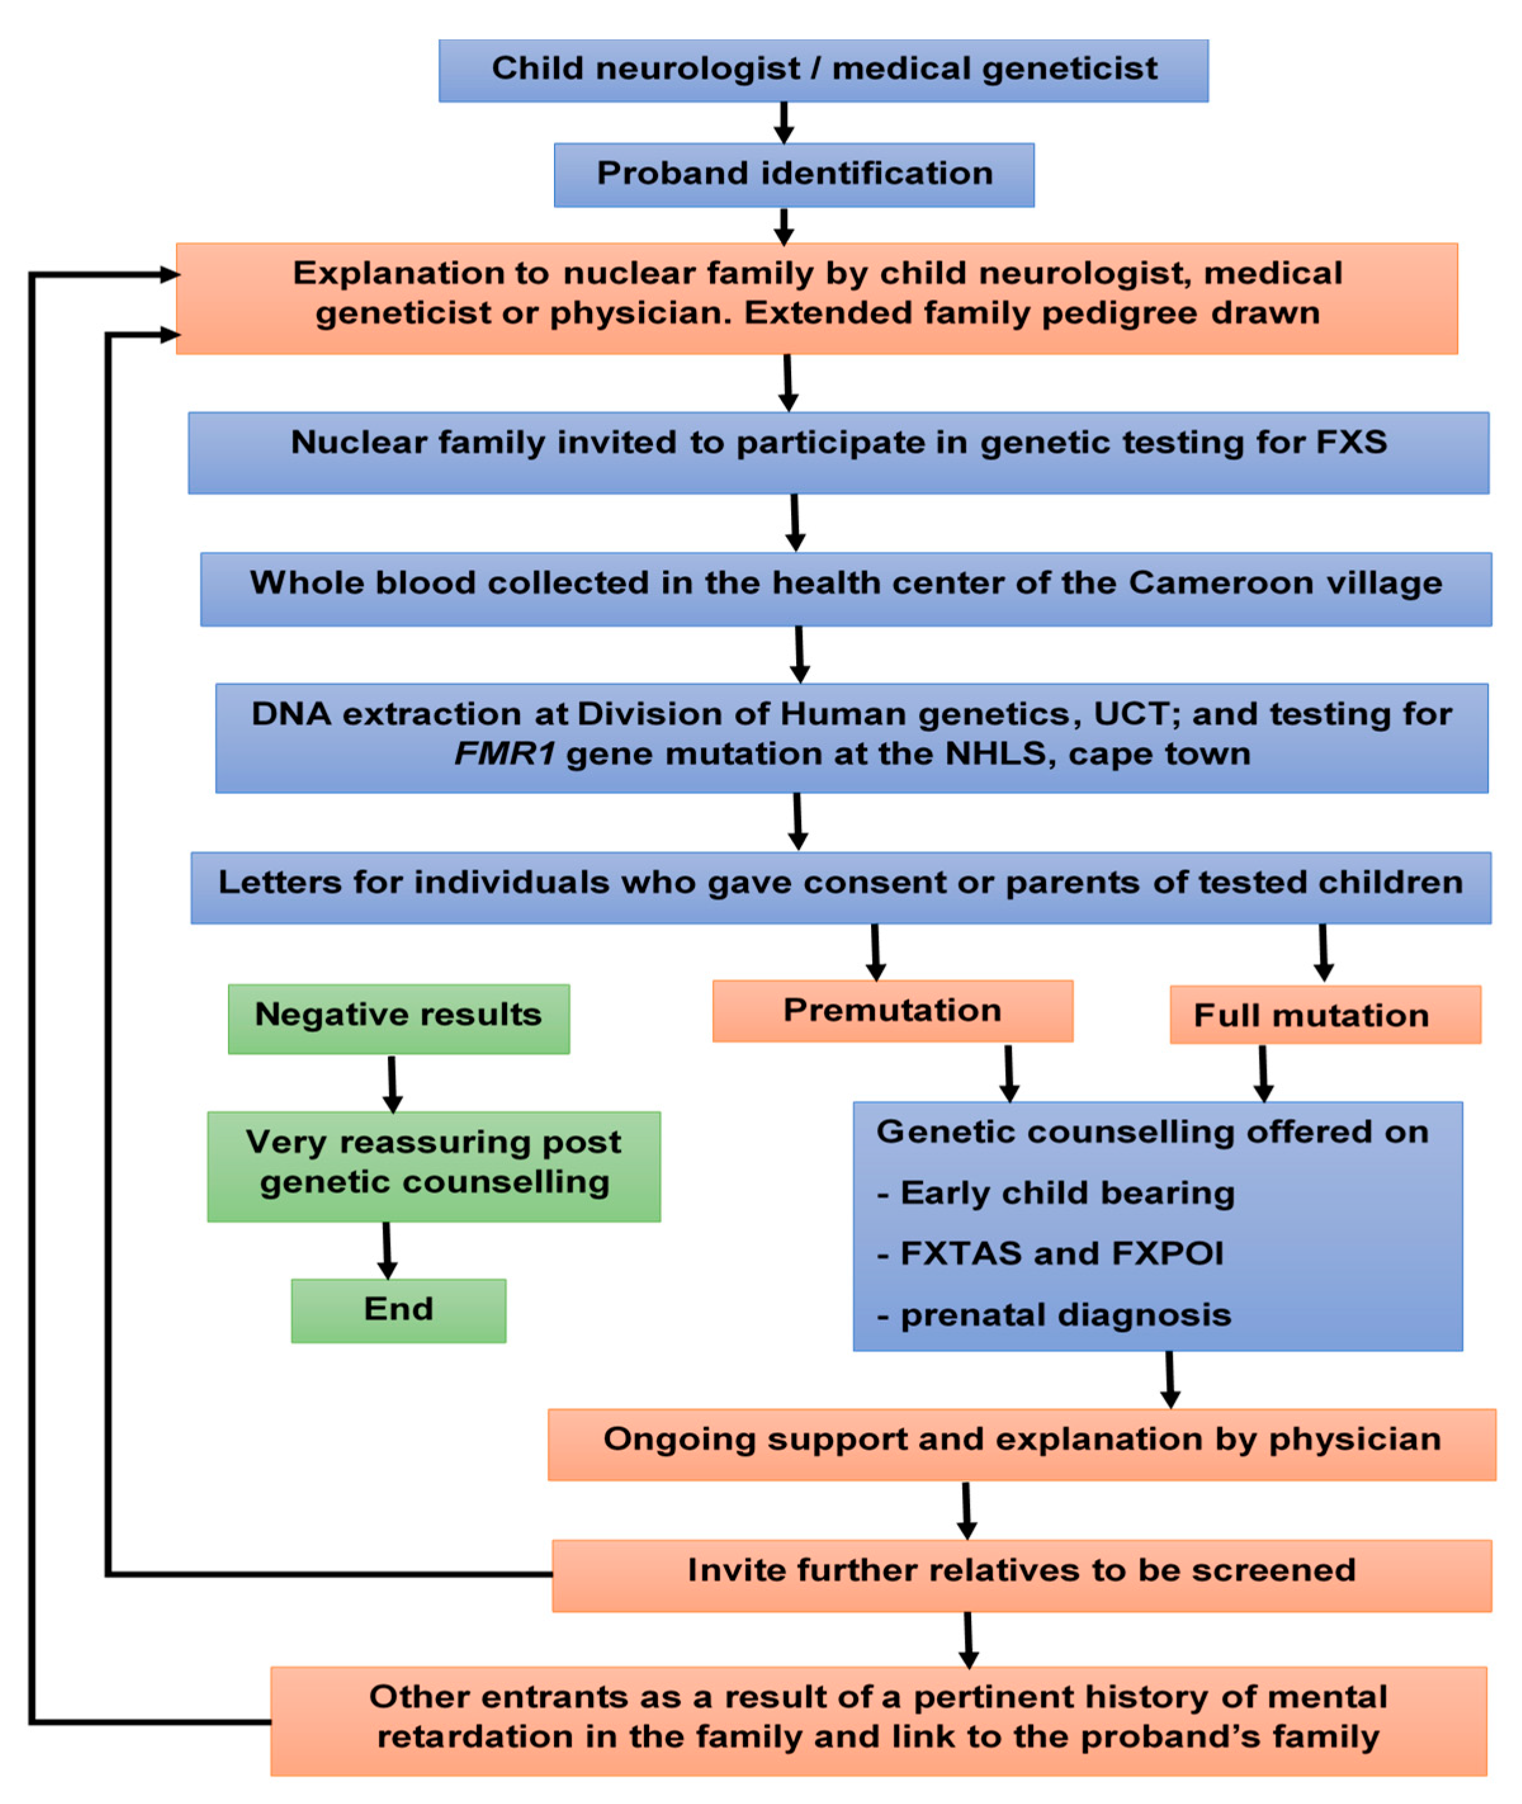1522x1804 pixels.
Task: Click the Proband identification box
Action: click(794, 174)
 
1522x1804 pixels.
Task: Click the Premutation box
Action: click(892, 1011)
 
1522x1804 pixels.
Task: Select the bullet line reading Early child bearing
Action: click(1057, 1193)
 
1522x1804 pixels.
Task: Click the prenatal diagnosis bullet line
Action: click(1054, 1315)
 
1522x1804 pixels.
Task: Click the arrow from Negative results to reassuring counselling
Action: click(392, 1084)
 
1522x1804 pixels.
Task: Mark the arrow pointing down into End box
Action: click(387, 1250)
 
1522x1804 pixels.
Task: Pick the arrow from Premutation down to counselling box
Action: click(1008, 1073)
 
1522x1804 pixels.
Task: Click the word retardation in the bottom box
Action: click(475, 1736)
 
